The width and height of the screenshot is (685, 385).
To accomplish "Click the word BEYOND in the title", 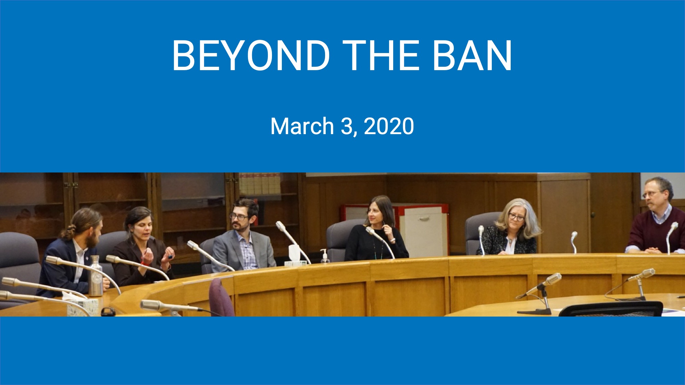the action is pos(251,55).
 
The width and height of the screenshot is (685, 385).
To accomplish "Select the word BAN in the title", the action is pos(472,55).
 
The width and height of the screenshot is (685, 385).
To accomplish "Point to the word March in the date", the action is pos(302,126).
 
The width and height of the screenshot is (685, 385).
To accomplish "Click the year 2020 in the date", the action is pos(389,126).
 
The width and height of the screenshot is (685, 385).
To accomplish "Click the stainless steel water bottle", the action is pos(96,275).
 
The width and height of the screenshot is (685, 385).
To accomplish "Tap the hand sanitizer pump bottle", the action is pos(324,257).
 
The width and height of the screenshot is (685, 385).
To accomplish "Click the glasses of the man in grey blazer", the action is pos(239,217).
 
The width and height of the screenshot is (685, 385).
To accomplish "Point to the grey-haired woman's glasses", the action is pos(516,217).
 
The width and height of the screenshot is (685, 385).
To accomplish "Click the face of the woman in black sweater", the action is pos(373,215).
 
